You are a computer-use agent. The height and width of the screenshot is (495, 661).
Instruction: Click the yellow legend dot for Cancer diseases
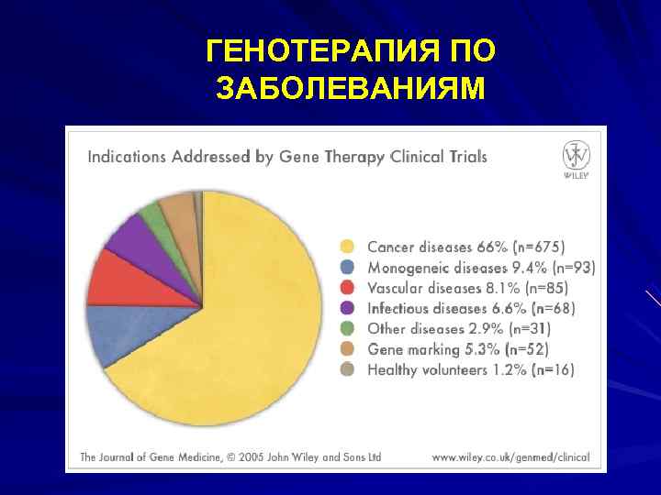click(347, 247)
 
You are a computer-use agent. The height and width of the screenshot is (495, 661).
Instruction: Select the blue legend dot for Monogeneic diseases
click(347, 268)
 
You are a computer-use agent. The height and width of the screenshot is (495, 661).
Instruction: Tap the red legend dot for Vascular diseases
click(347, 288)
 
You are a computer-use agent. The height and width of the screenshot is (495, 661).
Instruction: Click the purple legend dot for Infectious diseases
click(347, 308)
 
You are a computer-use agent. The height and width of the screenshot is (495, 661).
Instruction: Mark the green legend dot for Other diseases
click(347, 328)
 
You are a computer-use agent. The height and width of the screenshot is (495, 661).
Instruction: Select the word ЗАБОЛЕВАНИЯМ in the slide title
click(349, 89)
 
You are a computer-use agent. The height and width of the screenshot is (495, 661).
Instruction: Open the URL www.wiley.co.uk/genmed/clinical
click(510, 456)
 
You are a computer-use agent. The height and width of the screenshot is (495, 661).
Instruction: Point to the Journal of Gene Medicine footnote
click(230, 456)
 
